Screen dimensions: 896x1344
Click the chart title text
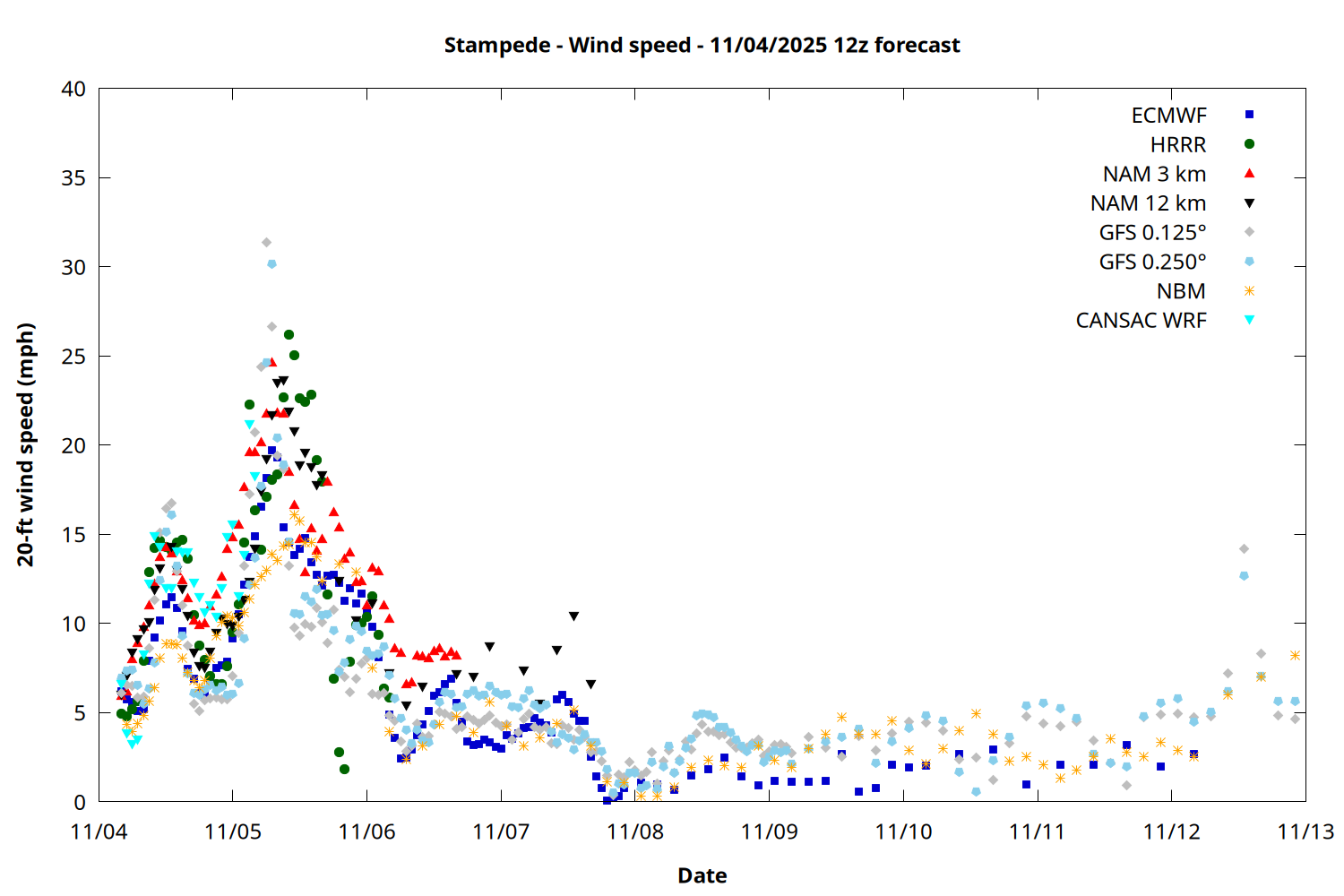point(702,46)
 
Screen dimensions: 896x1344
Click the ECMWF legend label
point(1168,116)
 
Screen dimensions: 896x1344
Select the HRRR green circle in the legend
point(1249,144)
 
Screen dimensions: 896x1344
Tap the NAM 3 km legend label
point(1154,174)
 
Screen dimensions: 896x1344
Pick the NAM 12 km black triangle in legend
point(1249,203)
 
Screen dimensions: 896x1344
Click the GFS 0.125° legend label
point(1152,233)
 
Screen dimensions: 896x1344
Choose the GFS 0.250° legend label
point(1152,263)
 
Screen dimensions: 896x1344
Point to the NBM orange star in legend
point(1249,291)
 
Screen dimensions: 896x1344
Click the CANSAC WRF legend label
point(1141,321)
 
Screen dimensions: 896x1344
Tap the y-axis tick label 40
point(73,90)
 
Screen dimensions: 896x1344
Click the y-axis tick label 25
point(73,357)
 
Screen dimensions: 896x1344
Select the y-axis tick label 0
point(80,802)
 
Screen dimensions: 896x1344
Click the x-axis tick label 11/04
point(99,832)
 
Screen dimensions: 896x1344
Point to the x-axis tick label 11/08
point(635,832)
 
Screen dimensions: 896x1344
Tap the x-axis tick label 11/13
point(1305,832)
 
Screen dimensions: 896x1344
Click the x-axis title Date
point(702,875)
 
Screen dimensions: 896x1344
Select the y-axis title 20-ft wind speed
point(26,444)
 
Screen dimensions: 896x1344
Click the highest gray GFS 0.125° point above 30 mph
point(266,242)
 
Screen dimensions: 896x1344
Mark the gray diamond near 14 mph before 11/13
point(1244,548)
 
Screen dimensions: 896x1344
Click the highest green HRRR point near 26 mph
point(289,334)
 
